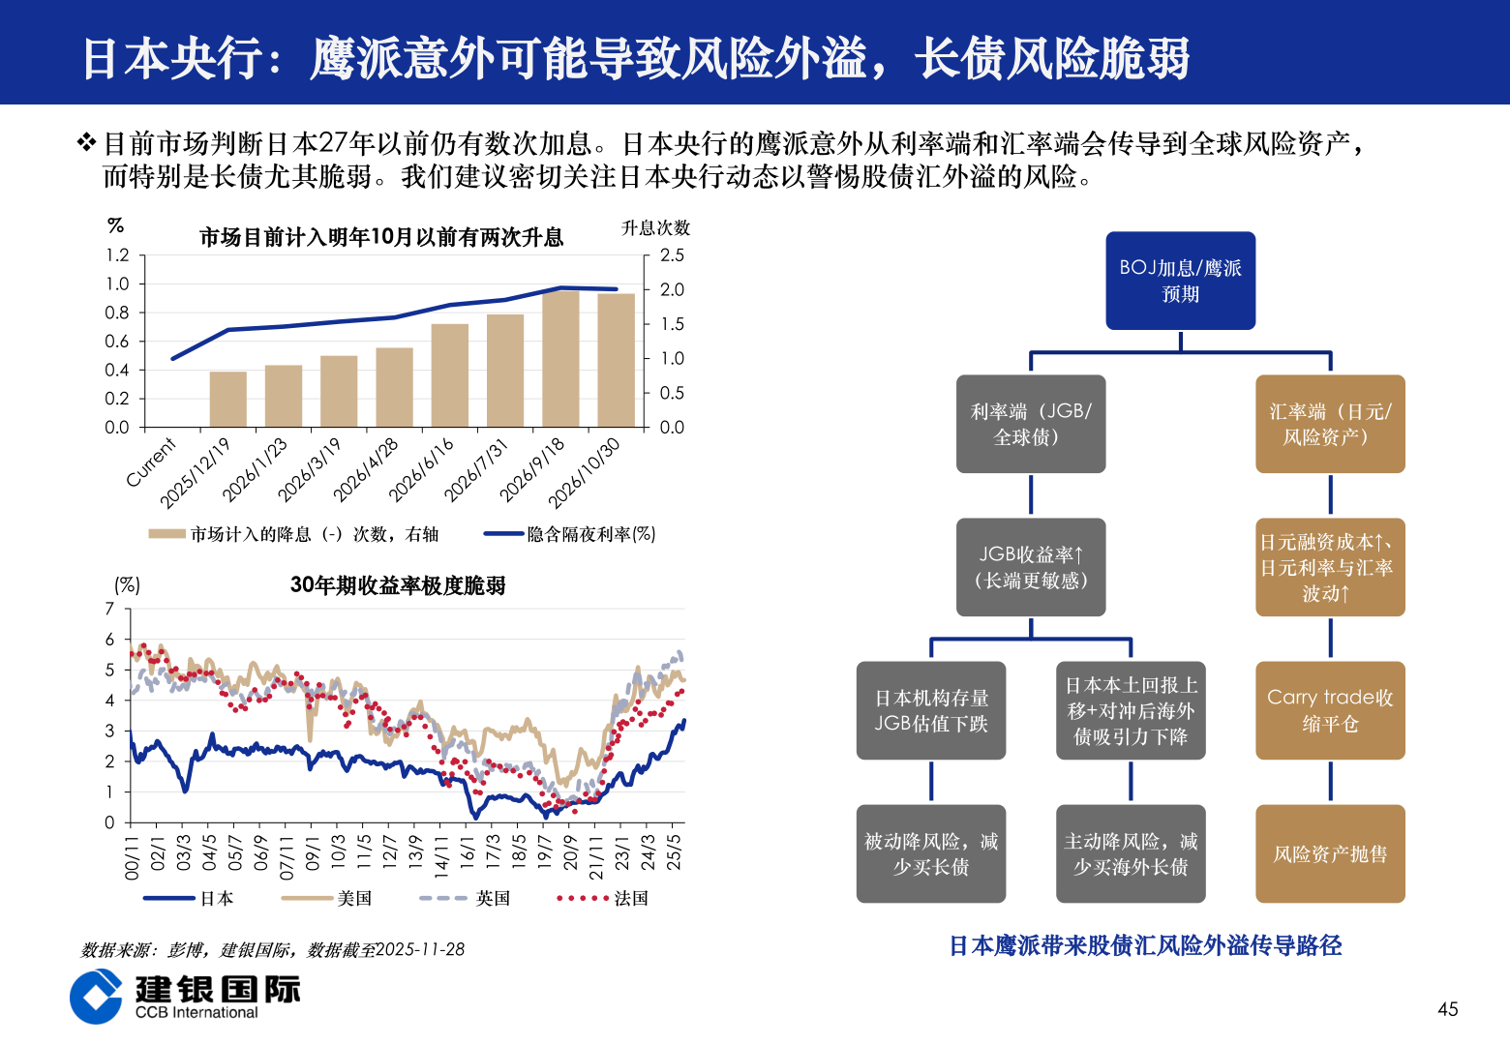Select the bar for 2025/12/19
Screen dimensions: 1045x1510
pos(228,399)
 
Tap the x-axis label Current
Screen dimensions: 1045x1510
pos(152,462)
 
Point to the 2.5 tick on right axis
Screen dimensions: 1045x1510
pos(672,255)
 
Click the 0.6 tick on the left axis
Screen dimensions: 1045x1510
pos(117,342)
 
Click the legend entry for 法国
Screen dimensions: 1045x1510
pos(630,898)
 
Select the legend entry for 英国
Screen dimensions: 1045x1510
pos(492,898)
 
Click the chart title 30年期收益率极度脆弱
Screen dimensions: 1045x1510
pos(398,585)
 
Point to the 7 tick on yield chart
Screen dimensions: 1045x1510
pos(110,609)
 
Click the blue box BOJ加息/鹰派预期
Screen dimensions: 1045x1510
pos(1180,281)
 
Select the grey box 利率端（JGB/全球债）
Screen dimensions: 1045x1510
pos(1030,424)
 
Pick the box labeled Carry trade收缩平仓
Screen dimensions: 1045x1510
pos(1330,710)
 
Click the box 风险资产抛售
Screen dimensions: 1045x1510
pos(1330,853)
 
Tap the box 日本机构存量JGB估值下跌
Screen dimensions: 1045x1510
pos(931,710)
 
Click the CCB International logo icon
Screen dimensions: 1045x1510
pos(96,996)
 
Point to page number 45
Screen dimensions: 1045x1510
pos(1447,1009)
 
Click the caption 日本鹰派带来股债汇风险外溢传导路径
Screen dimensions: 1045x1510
pos(1145,945)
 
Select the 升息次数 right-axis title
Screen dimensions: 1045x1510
pos(655,228)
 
